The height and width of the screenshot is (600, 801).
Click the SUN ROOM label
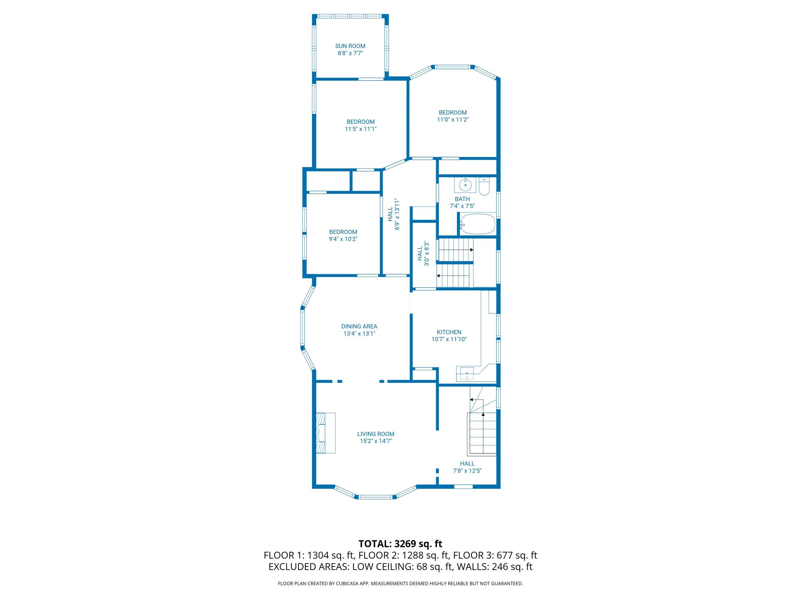[x=350, y=46]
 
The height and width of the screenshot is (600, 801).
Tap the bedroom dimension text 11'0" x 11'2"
[x=453, y=120]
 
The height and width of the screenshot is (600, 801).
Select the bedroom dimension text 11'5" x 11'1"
[x=360, y=129]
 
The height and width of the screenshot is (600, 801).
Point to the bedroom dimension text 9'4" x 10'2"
[x=343, y=239]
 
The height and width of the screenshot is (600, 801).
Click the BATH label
[x=462, y=199]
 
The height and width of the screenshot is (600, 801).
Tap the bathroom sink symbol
[x=465, y=185]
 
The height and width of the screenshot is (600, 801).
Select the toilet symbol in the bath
[x=484, y=186]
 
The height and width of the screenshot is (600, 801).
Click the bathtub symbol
[x=478, y=224]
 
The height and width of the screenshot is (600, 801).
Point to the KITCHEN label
[x=449, y=332]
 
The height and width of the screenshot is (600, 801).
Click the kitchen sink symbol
[x=467, y=374]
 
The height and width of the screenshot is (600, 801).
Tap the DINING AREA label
[x=359, y=326]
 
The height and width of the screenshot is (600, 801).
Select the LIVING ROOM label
[x=375, y=434]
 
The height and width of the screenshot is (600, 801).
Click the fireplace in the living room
[x=325, y=433]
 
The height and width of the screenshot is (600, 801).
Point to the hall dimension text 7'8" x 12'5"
[x=467, y=471]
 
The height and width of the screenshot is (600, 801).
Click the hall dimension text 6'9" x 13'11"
[x=397, y=214]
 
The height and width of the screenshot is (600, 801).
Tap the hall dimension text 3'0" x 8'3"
[x=427, y=254]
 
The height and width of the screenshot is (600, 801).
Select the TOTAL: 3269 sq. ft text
[x=400, y=544]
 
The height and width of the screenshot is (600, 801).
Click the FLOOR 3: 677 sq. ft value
[x=495, y=555]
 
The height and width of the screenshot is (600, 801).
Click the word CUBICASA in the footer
[x=347, y=584]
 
